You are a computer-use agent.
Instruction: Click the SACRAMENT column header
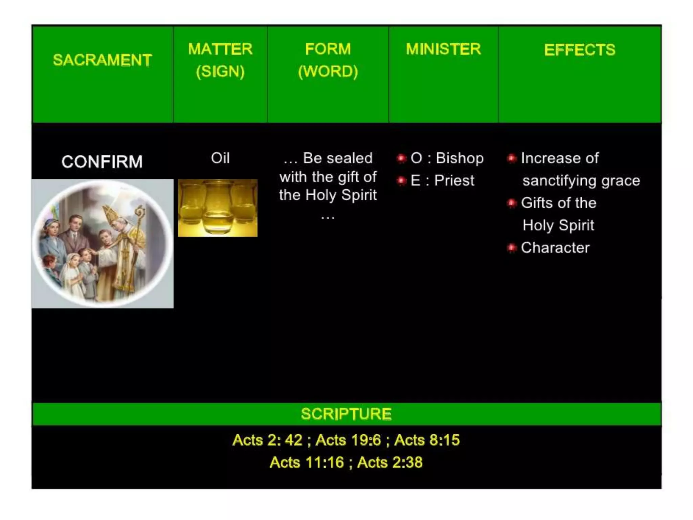click(102, 60)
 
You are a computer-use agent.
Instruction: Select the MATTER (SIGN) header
click(220, 60)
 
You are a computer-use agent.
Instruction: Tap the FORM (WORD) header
click(328, 60)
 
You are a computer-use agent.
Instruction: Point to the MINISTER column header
click(443, 49)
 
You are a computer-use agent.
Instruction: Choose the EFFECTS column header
click(580, 50)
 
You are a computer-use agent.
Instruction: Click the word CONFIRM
click(102, 161)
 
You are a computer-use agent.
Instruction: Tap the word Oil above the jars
click(220, 158)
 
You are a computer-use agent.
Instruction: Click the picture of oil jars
click(218, 208)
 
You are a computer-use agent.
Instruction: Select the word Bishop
click(460, 158)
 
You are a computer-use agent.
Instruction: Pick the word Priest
click(454, 181)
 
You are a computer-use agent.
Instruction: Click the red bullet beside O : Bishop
click(401, 158)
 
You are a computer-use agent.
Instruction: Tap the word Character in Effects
click(555, 248)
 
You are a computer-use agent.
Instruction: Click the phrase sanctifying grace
click(581, 181)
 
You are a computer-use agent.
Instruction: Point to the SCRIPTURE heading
click(346, 414)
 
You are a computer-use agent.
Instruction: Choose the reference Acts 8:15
click(427, 440)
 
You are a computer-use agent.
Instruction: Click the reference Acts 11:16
click(307, 462)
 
